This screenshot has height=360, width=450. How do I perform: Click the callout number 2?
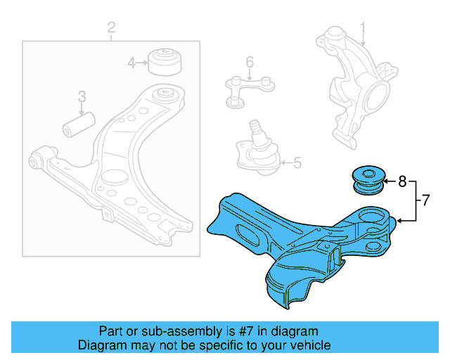(x=111, y=28)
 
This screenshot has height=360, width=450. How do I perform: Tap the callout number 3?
(x=82, y=96)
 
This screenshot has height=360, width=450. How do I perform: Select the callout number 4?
(x=131, y=64)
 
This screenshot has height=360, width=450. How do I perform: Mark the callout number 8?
(x=402, y=181)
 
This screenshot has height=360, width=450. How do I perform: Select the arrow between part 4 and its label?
(x=143, y=64)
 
